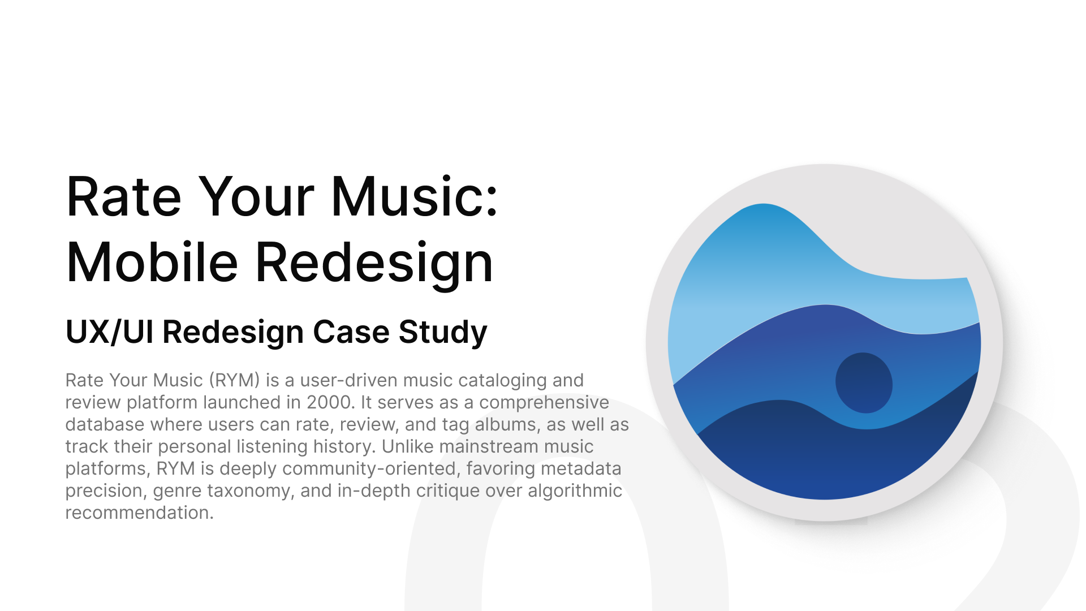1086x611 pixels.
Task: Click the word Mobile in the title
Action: click(152, 262)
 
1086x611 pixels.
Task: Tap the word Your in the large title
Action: click(257, 196)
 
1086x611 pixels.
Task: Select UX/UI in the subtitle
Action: click(110, 332)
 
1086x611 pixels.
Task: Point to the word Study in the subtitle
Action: click(443, 333)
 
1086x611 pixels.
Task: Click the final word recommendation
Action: click(139, 513)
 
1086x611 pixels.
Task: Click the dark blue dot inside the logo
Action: click(864, 383)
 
